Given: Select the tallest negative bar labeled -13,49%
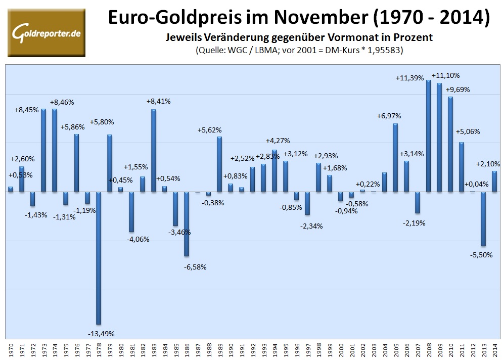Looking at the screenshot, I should (x=99, y=258).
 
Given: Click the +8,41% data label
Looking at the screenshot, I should (x=158, y=101).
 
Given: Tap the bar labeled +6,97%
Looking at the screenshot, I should (x=395, y=157).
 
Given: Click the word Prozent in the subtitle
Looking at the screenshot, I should (x=414, y=37).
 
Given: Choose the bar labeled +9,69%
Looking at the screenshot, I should (x=450, y=144).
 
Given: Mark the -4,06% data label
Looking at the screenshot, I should (x=138, y=239).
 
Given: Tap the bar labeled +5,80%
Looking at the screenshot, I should (x=110, y=163).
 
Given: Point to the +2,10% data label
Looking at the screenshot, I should (x=488, y=164).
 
